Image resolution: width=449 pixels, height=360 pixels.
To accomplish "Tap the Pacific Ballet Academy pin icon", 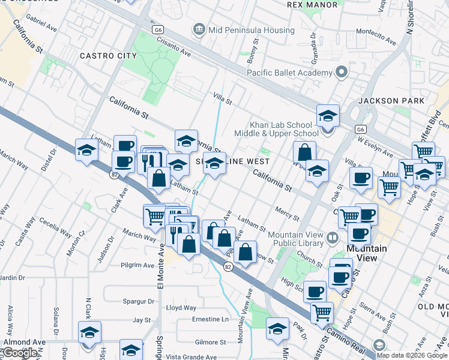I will (342, 73).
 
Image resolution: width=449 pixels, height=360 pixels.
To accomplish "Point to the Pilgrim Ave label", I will (137, 265).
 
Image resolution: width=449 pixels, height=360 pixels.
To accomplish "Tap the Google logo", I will (20, 353).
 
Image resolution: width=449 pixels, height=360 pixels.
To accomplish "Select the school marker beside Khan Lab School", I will (328, 116).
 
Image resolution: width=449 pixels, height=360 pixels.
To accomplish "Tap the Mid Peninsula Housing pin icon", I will (199, 28).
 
